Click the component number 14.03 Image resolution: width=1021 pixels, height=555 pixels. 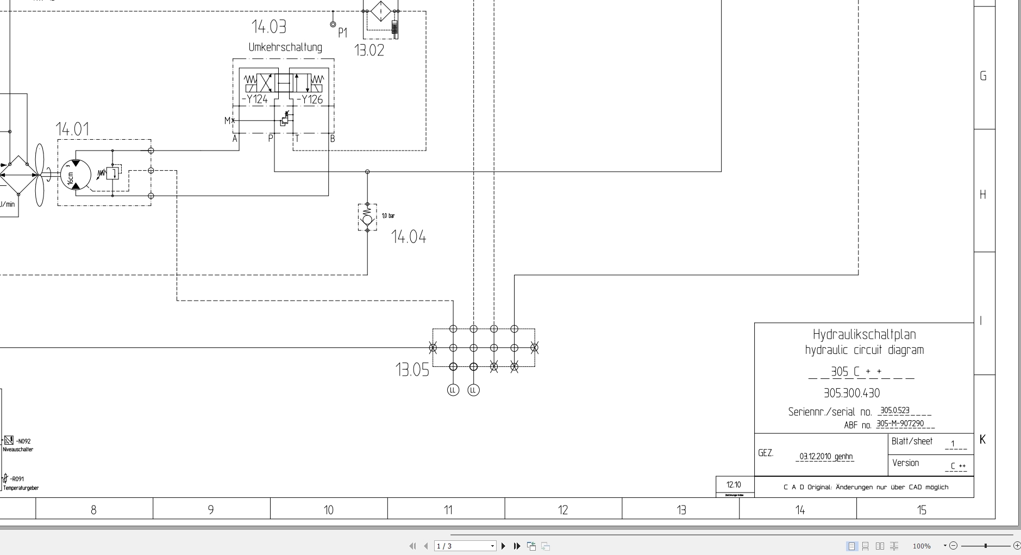268,27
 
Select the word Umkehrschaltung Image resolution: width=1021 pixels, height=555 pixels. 285,47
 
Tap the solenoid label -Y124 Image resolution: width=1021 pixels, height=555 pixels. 255,99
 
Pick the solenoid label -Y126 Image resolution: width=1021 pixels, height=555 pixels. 310,99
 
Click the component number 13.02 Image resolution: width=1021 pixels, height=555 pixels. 369,51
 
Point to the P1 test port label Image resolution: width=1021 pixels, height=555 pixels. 342,33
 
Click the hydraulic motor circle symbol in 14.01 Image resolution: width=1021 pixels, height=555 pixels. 76,174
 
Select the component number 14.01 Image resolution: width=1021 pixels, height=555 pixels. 72,129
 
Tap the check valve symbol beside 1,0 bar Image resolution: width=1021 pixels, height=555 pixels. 367,219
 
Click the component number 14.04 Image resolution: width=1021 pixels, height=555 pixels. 409,237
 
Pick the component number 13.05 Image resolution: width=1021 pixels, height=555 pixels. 412,370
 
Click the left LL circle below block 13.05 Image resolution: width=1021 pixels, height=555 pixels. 453,390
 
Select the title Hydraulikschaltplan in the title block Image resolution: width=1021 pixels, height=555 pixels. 864,334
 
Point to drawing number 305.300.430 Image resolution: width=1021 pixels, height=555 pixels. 851,393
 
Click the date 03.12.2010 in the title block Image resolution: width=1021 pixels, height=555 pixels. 815,457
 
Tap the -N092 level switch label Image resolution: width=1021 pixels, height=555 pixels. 23,441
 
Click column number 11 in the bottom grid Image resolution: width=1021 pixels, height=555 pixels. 448,510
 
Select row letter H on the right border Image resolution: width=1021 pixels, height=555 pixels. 982,195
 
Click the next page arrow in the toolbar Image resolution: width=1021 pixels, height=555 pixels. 503,546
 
